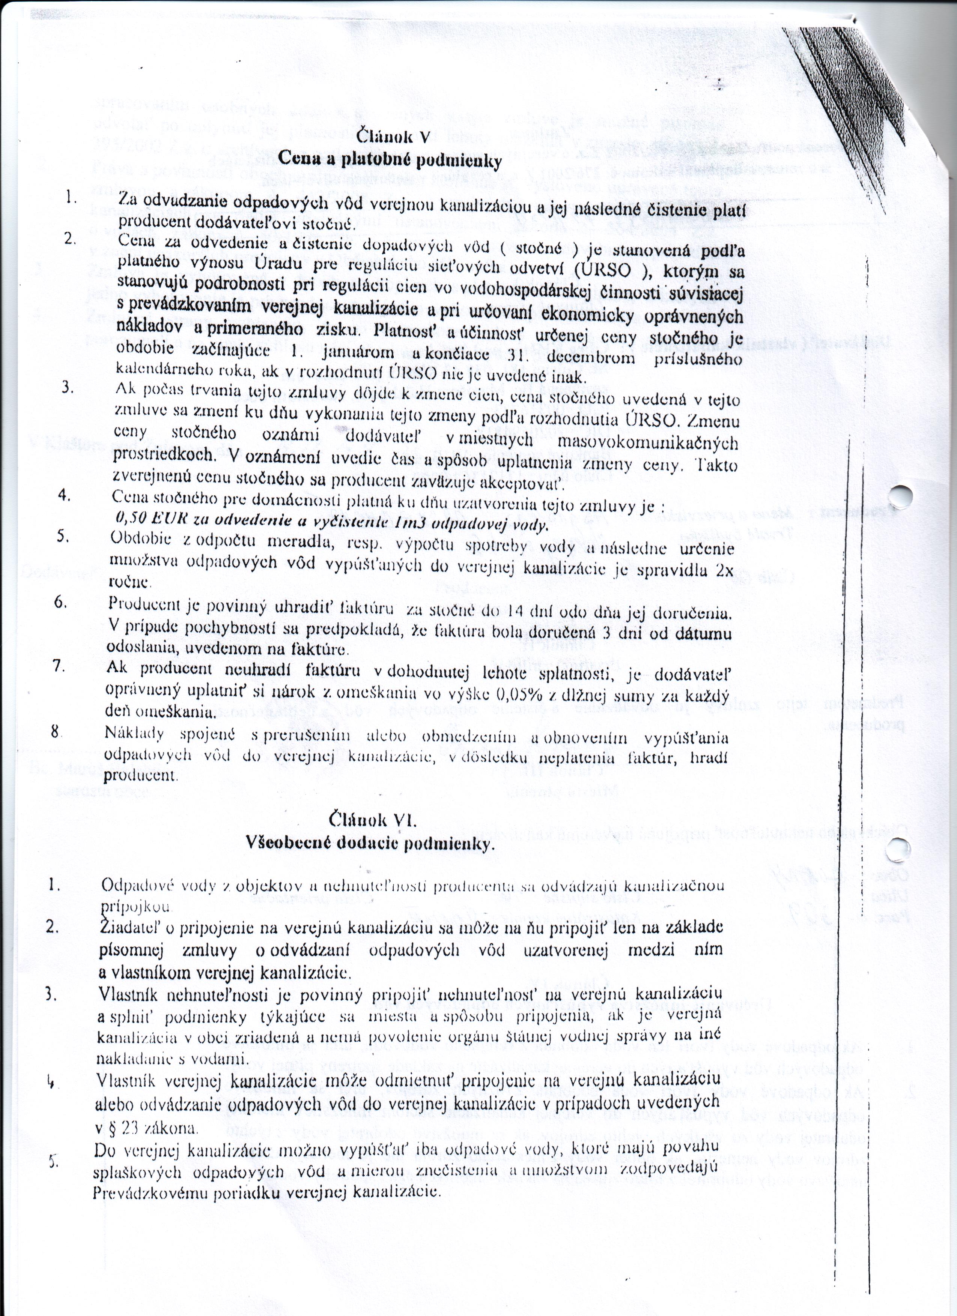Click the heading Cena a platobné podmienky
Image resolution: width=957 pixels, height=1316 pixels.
390,158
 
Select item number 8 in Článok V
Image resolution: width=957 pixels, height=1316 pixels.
55,732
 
